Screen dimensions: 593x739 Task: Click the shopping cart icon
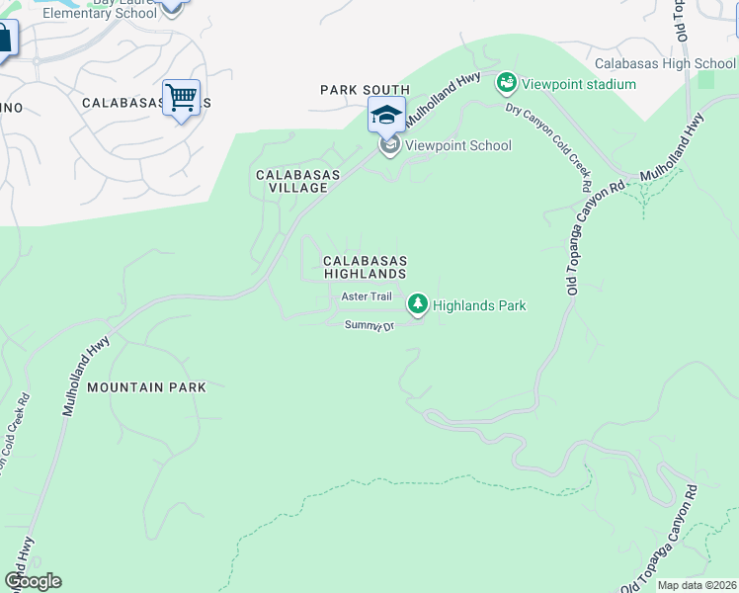181,98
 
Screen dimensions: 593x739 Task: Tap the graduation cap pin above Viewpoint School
386,115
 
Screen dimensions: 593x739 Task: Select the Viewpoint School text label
457,145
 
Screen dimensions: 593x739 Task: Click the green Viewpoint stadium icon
507,82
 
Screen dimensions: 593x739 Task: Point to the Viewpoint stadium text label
580,84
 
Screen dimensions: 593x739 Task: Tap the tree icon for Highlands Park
419,304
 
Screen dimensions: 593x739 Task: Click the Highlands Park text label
479,305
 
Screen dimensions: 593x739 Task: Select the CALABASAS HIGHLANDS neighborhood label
365,267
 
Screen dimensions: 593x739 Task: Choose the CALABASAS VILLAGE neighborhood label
297,181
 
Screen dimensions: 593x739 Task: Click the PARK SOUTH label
365,90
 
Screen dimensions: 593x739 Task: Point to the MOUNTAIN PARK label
146,387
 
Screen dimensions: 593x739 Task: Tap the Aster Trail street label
367,296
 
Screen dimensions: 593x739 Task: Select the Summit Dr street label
369,325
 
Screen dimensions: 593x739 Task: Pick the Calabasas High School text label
665,63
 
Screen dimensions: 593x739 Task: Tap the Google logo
33,581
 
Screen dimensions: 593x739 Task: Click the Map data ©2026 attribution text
697,585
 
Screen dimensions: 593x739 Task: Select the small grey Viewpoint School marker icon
389,146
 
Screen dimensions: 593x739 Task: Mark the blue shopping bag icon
4,40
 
